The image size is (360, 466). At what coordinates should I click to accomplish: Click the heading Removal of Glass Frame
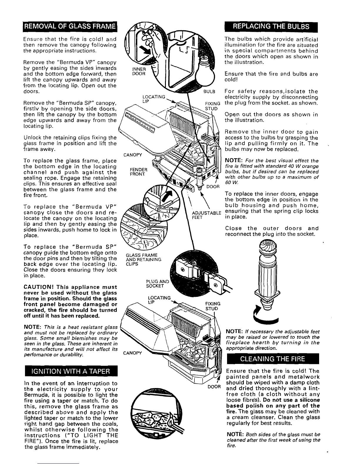[x=70, y=29]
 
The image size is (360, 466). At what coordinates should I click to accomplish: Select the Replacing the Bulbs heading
[x=271, y=29]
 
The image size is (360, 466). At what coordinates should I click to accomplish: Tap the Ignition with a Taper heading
[x=71, y=371]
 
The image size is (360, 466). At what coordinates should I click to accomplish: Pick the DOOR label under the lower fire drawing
[x=214, y=386]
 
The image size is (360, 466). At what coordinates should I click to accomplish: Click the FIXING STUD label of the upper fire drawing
[x=211, y=106]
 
